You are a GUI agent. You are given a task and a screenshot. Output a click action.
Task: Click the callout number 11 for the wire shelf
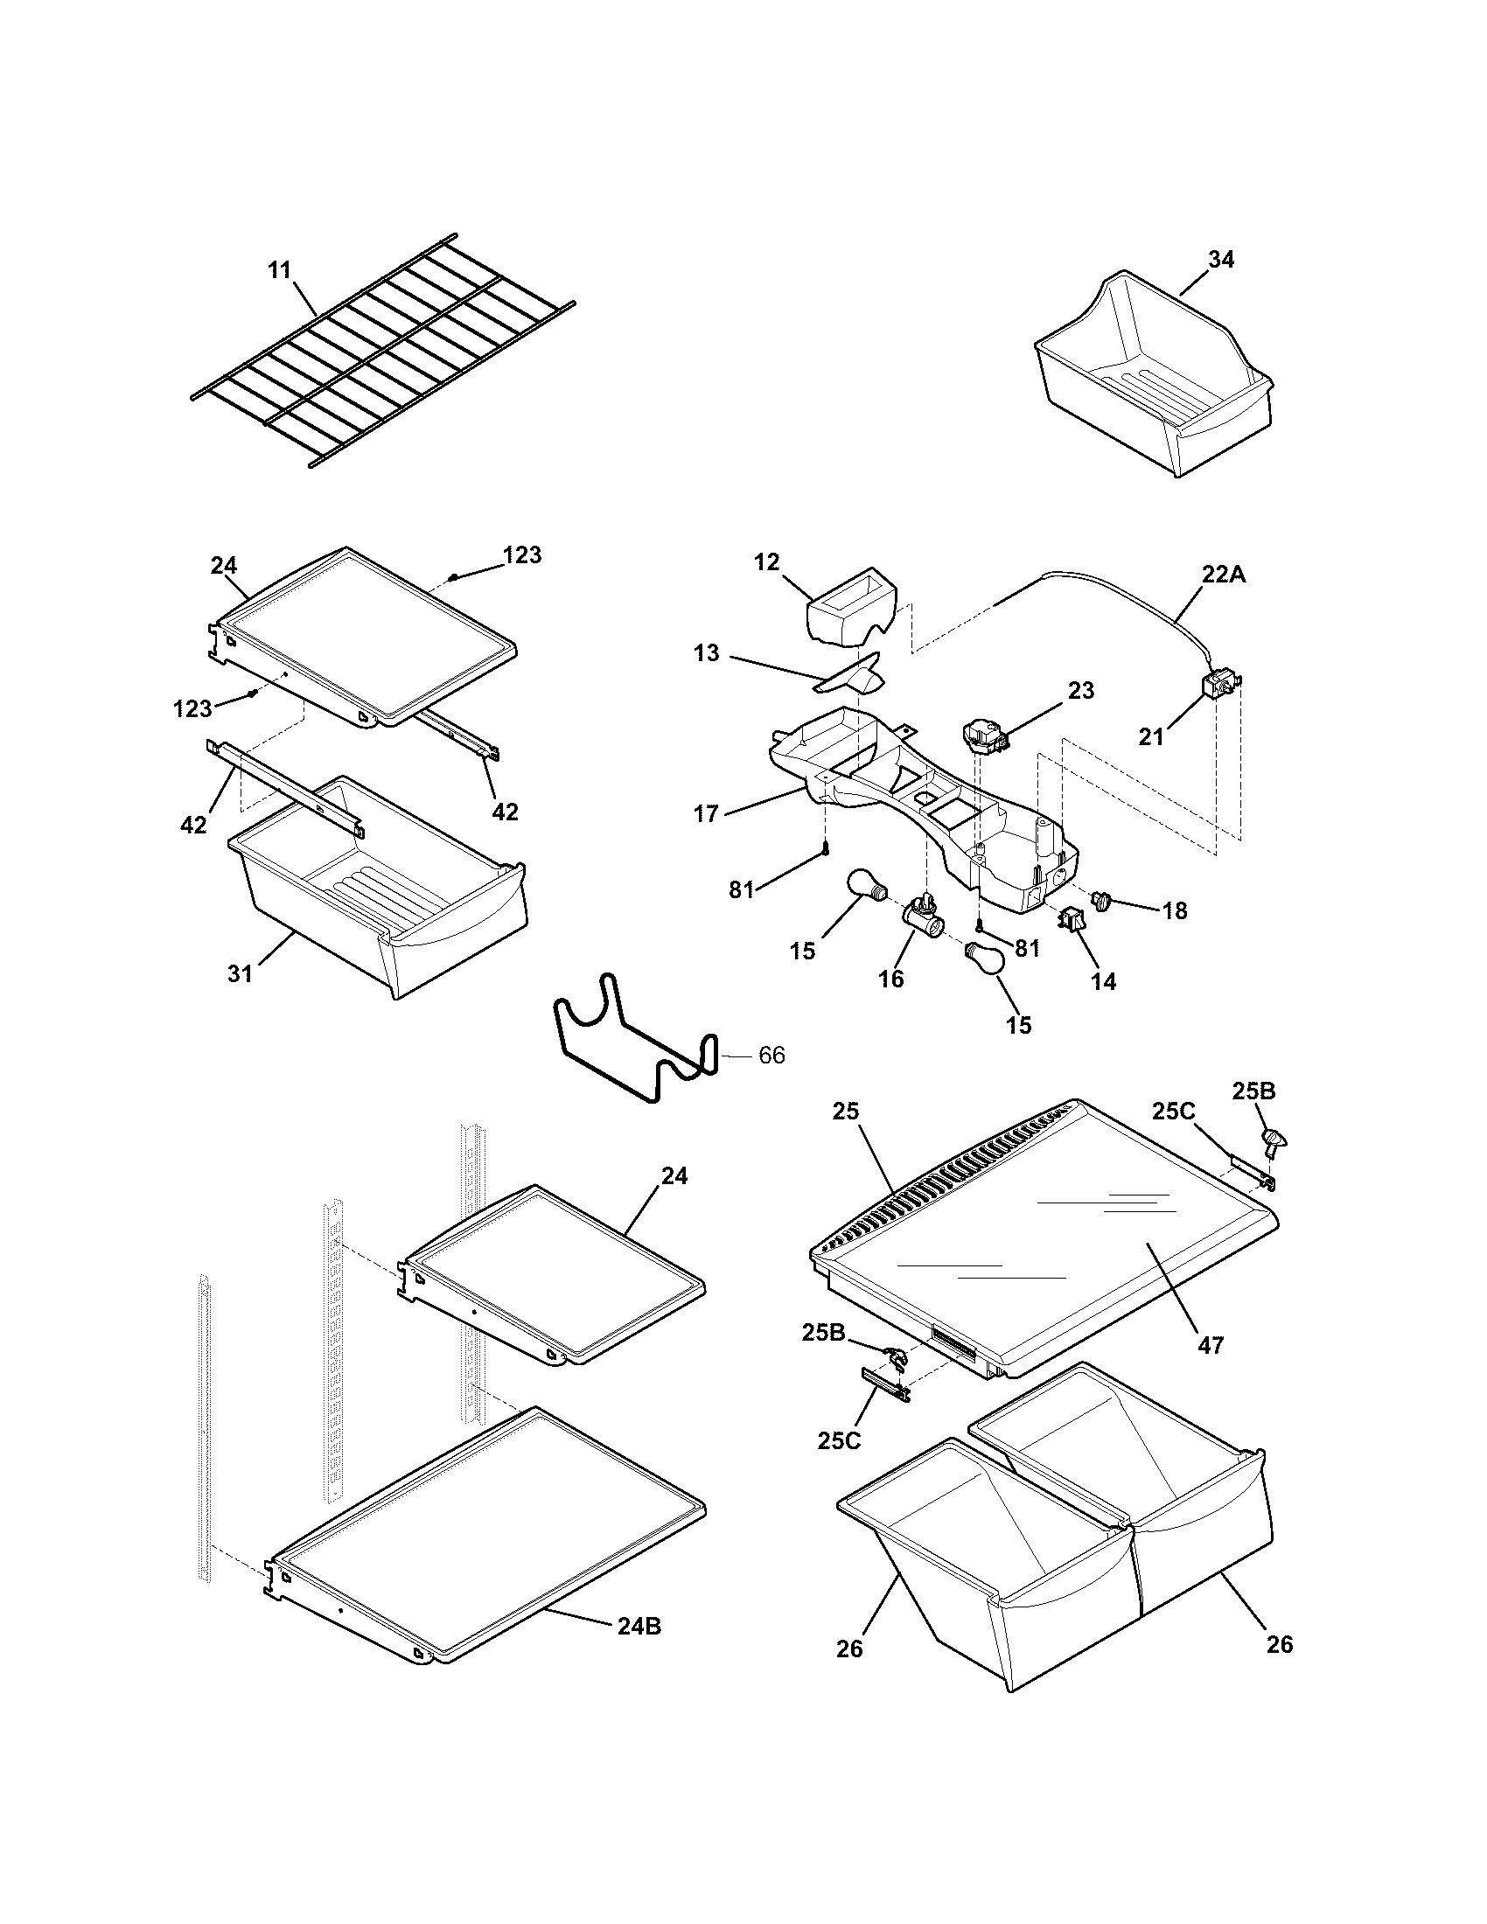[x=279, y=269]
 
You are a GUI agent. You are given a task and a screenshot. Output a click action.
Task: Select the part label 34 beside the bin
[x=1220, y=259]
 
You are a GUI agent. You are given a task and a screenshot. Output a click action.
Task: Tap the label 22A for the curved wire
[x=1224, y=574]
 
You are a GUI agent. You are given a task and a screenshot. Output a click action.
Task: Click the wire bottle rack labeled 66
[x=633, y=1041]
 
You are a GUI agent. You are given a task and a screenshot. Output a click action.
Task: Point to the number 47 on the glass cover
[x=1211, y=1370]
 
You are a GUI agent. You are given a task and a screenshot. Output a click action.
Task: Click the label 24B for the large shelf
[x=639, y=1627]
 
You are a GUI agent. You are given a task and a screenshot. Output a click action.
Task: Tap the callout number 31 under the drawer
[x=240, y=973]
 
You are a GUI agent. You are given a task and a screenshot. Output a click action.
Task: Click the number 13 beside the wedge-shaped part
[x=706, y=652]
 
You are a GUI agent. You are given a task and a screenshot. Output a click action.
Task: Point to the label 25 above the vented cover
[x=845, y=1111]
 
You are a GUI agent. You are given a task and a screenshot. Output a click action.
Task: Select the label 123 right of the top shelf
[x=522, y=554]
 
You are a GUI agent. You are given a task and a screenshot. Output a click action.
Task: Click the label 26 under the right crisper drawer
[x=1279, y=1644]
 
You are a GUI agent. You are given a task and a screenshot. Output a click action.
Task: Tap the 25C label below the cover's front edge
[x=839, y=1440]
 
